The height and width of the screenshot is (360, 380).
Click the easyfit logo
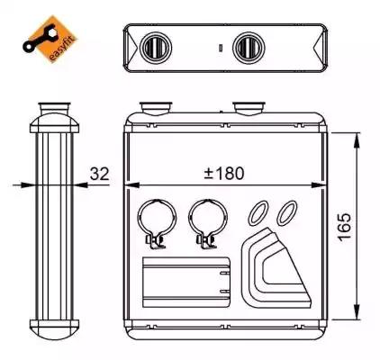click(50, 40)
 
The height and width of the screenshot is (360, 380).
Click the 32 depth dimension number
click(100, 174)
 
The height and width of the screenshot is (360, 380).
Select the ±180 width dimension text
click(224, 174)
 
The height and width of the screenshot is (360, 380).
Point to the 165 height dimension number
click(344, 227)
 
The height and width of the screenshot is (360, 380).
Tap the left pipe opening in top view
click(156, 48)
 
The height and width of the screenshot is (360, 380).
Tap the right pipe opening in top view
click(249, 48)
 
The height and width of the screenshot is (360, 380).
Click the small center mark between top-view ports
click(221, 48)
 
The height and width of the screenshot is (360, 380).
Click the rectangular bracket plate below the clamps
click(186, 282)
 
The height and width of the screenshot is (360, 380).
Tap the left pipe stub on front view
click(156, 109)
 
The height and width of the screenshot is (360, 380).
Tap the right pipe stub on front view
click(249, 109)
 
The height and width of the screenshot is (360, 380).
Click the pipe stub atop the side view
click(54, 108)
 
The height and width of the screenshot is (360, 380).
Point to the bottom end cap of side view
click(54, 329)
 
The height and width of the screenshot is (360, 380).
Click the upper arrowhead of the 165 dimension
click(357, 140)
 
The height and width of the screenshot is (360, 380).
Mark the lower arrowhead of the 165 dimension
click(357, 312)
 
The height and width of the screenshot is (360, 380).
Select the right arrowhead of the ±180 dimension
click(319, 185)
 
